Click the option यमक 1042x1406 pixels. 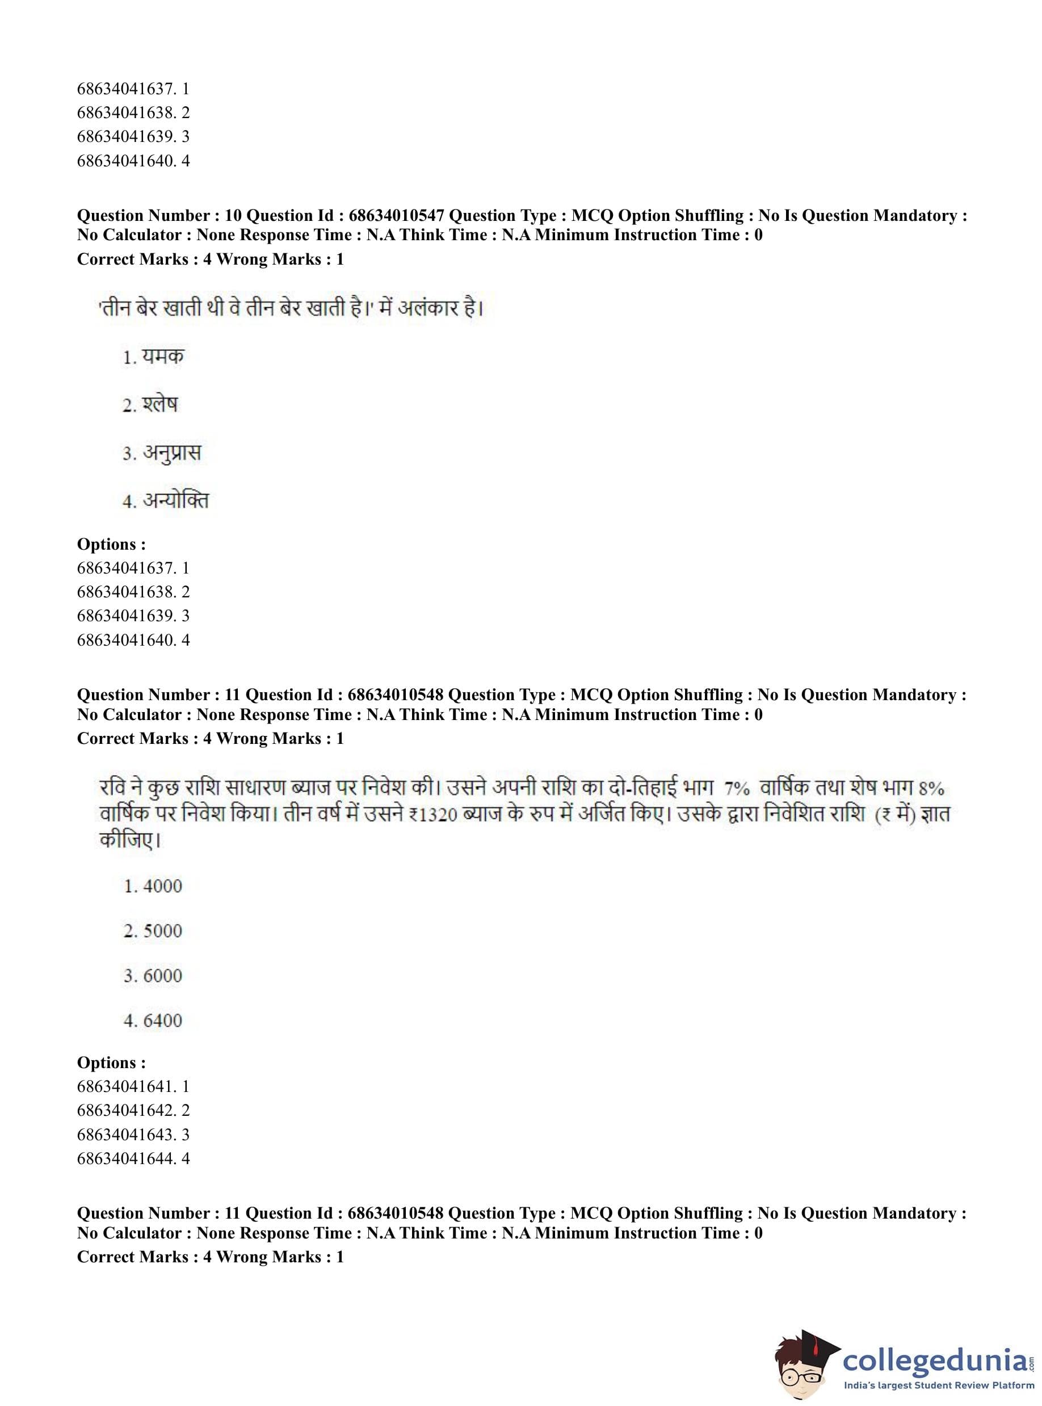[162, 357]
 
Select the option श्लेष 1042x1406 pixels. [159, 404]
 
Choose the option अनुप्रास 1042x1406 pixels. [171, 453]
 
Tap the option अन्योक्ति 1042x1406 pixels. [175, 500]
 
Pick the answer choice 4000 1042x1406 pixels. [162, 886]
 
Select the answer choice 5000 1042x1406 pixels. [162, 931]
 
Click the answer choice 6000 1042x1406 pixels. [162, 976]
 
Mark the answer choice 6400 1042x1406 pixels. [162, 1020]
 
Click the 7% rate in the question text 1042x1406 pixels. [737, 788]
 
